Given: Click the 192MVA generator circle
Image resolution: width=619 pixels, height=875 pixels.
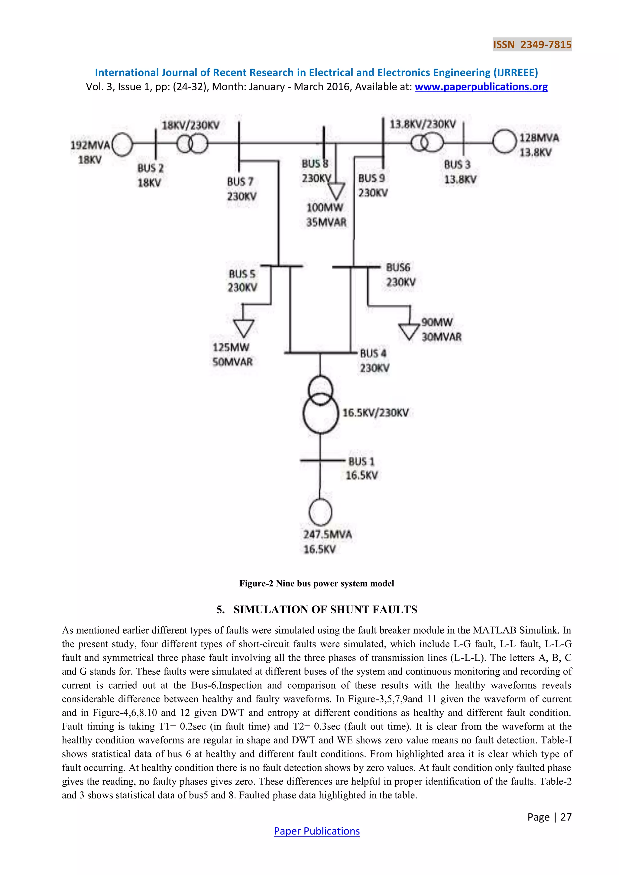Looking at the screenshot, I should [x=122, y=144].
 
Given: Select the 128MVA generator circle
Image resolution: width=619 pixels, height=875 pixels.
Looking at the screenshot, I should [x=504, y=142].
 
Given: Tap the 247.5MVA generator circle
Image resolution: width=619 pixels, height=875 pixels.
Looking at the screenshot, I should [x=320, y=512].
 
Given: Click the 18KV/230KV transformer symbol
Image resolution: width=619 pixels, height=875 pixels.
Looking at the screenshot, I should [x=192, y=144].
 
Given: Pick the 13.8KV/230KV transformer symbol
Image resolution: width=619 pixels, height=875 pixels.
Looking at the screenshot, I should [x=427, y=143].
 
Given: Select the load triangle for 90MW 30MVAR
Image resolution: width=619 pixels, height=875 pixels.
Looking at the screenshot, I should [x=409, y=331].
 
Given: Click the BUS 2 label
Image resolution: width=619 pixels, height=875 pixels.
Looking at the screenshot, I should [x=150, y=168].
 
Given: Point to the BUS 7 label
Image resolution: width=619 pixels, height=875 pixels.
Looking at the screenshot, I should [x=240, y=182].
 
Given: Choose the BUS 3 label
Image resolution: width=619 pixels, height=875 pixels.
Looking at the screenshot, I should [x=457, y=165].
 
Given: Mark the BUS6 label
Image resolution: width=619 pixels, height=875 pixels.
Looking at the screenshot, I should [x=398, y=267].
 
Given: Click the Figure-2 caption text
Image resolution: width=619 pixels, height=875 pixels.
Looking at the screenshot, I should [x=316, y=583].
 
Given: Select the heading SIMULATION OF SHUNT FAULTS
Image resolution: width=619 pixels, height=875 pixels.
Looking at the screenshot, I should [x=325, y=609].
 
